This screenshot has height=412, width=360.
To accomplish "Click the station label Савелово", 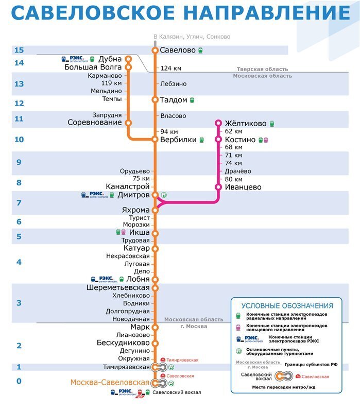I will (x=178, y=50).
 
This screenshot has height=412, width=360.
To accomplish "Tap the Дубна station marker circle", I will (x=128, y=59).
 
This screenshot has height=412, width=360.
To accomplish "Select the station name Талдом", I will (x=174, y=100).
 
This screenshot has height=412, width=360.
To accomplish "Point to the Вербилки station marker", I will (x=155, y=139).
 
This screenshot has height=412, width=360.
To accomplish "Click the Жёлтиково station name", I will (x=246, y=124).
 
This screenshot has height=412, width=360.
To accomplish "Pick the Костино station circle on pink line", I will (x=218, y=140).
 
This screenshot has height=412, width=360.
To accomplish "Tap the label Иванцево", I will (x=243, y=187).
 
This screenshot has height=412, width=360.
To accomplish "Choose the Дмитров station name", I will (x=133, y=195).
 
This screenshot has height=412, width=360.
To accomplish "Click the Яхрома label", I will (x=135, y=210).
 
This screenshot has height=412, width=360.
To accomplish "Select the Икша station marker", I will (x=155, y=233).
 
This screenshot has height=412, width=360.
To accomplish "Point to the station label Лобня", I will (x=138, y=279).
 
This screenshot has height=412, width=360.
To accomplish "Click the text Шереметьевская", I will (x=118, y=288).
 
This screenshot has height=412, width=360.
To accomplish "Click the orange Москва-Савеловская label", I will (x=110, y=383).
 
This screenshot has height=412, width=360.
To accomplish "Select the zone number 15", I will (x=19, y=50).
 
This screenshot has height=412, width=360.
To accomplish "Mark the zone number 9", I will (x=19, y=163).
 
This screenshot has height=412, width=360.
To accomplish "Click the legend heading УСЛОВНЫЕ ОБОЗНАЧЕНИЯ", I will (x=287, y=306).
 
